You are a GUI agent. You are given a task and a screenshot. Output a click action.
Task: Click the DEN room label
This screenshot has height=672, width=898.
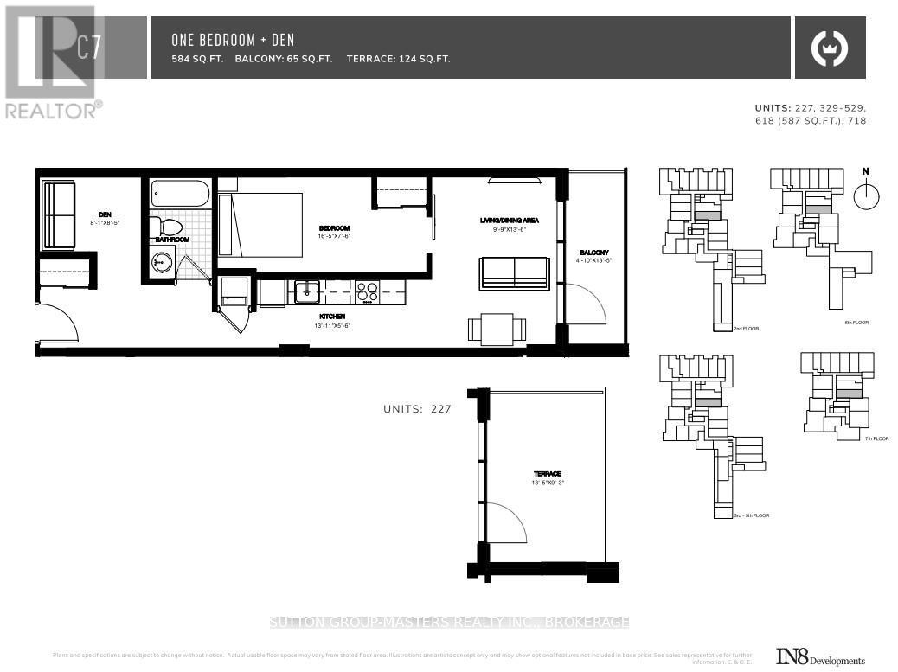coord(105,214)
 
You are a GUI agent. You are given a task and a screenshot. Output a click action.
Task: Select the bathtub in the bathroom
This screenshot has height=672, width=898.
coord(179,193)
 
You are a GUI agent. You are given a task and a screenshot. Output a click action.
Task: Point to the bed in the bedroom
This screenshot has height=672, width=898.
coord(260,225)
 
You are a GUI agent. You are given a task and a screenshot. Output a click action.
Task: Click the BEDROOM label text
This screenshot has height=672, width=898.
coord(334,229)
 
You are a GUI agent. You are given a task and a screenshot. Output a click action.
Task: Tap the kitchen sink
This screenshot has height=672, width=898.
coord(307,293)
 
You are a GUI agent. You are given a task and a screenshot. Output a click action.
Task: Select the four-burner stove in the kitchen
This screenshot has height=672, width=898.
coord(367,292)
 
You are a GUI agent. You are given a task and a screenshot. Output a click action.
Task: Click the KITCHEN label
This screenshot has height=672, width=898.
coord(334,317)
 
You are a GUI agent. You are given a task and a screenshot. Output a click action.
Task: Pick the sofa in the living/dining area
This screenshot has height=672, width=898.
coord(515,272)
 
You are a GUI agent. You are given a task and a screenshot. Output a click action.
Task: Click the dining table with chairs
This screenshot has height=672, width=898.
coord(497,330)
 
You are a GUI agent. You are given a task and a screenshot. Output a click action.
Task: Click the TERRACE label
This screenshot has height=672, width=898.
coord(547,474)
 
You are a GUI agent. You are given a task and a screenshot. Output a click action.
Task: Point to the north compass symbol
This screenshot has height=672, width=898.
coord(865,195)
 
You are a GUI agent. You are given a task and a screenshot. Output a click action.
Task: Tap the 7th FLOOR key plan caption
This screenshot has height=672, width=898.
coord(876,438)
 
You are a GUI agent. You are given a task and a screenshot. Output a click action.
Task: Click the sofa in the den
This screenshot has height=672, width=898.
coord(60,215)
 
